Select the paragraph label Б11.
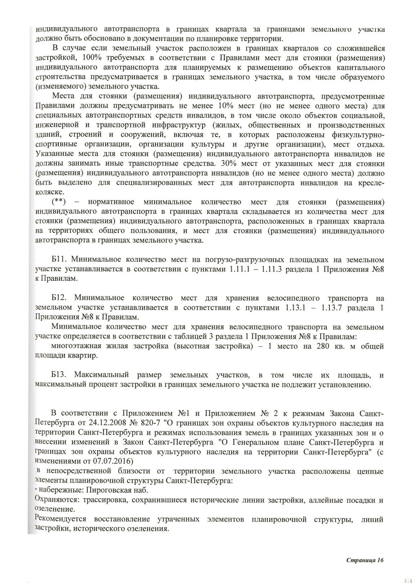click(x=60, y=260)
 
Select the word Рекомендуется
click(x=60, y=519)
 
